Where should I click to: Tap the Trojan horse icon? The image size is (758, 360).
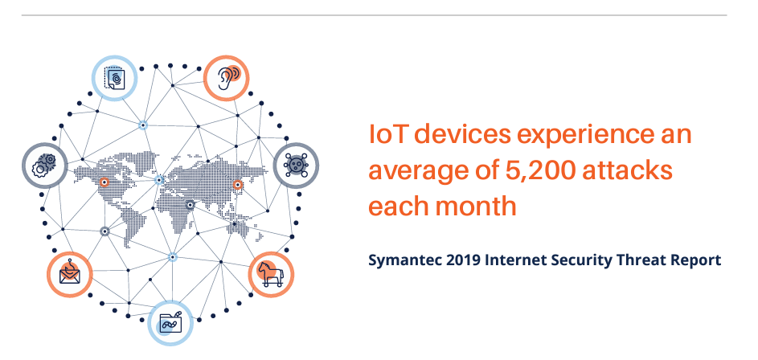coord(270,274)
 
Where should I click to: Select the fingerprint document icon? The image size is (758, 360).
coord(114,77)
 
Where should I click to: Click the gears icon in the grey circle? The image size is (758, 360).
coord(44,166)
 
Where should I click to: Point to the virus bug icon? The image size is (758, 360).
coord(296,166)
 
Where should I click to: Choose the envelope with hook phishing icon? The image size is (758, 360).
coord(70,274)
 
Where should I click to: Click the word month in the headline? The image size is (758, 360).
coord(476,207)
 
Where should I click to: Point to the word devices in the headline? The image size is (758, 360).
coord(463,135)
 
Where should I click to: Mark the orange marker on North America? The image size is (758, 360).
coord(104,182)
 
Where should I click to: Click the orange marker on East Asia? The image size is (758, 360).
coord(237,184)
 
